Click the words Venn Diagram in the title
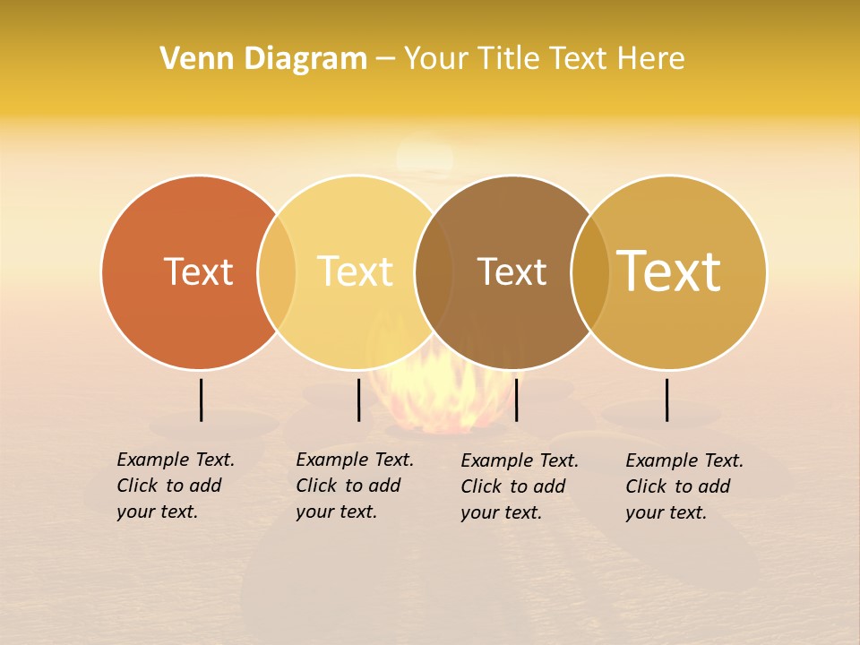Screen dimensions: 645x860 (x=263, y=59)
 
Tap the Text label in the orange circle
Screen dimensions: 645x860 (x=198, y=271)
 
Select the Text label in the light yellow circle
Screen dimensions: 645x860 (x=356, y=271)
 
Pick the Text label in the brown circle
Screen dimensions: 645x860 (x=512, y=271)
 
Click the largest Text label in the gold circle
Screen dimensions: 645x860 (x=669, y=271)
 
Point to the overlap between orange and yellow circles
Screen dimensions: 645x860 (x=277, y=272)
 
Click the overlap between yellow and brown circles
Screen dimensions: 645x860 (x=434, y=272)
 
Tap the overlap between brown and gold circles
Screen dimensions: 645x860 (x=590, y=272)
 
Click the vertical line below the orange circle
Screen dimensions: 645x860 (x=201, y=400)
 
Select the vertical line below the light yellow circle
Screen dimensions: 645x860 (x=358, y=400)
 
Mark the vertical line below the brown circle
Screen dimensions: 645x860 (x=516, y=400)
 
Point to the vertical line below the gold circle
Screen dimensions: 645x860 (x=667, y=400)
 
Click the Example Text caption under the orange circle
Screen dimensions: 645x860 (x=175, y=486)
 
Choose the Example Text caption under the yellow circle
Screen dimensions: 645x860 (x=354, y=486)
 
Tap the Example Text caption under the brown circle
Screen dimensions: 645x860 (x=519, y=486)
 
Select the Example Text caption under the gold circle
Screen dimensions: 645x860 (x=684, y=486)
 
